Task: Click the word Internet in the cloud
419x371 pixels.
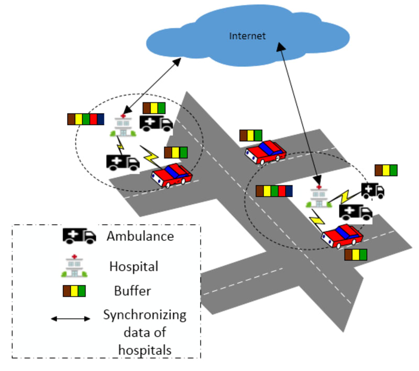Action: coord(248,36)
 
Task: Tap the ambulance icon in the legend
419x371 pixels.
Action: coord(79,236)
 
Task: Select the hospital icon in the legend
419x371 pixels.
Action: coord(73,266)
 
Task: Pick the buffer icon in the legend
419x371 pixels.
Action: coord(74,290)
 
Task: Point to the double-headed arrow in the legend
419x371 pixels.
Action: coord(71,319)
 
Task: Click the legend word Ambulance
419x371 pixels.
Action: coord(140,236)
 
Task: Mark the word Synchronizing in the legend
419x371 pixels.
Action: coord(145,315)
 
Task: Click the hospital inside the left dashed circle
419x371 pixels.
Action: coord(124,126)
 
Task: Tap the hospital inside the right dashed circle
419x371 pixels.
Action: coord(318,198)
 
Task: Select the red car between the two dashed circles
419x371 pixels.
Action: coord(266,152)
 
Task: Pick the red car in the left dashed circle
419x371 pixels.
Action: coord(171,175)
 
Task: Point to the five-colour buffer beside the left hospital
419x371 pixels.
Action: coord(86,119)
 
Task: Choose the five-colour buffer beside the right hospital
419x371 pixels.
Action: coord(274,191)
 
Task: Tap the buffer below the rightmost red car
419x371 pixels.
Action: coord(356,255)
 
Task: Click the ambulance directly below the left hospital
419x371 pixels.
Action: coord(123,162)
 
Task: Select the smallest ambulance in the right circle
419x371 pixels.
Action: coord(373,190)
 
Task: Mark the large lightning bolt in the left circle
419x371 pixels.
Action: coord(150,155)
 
